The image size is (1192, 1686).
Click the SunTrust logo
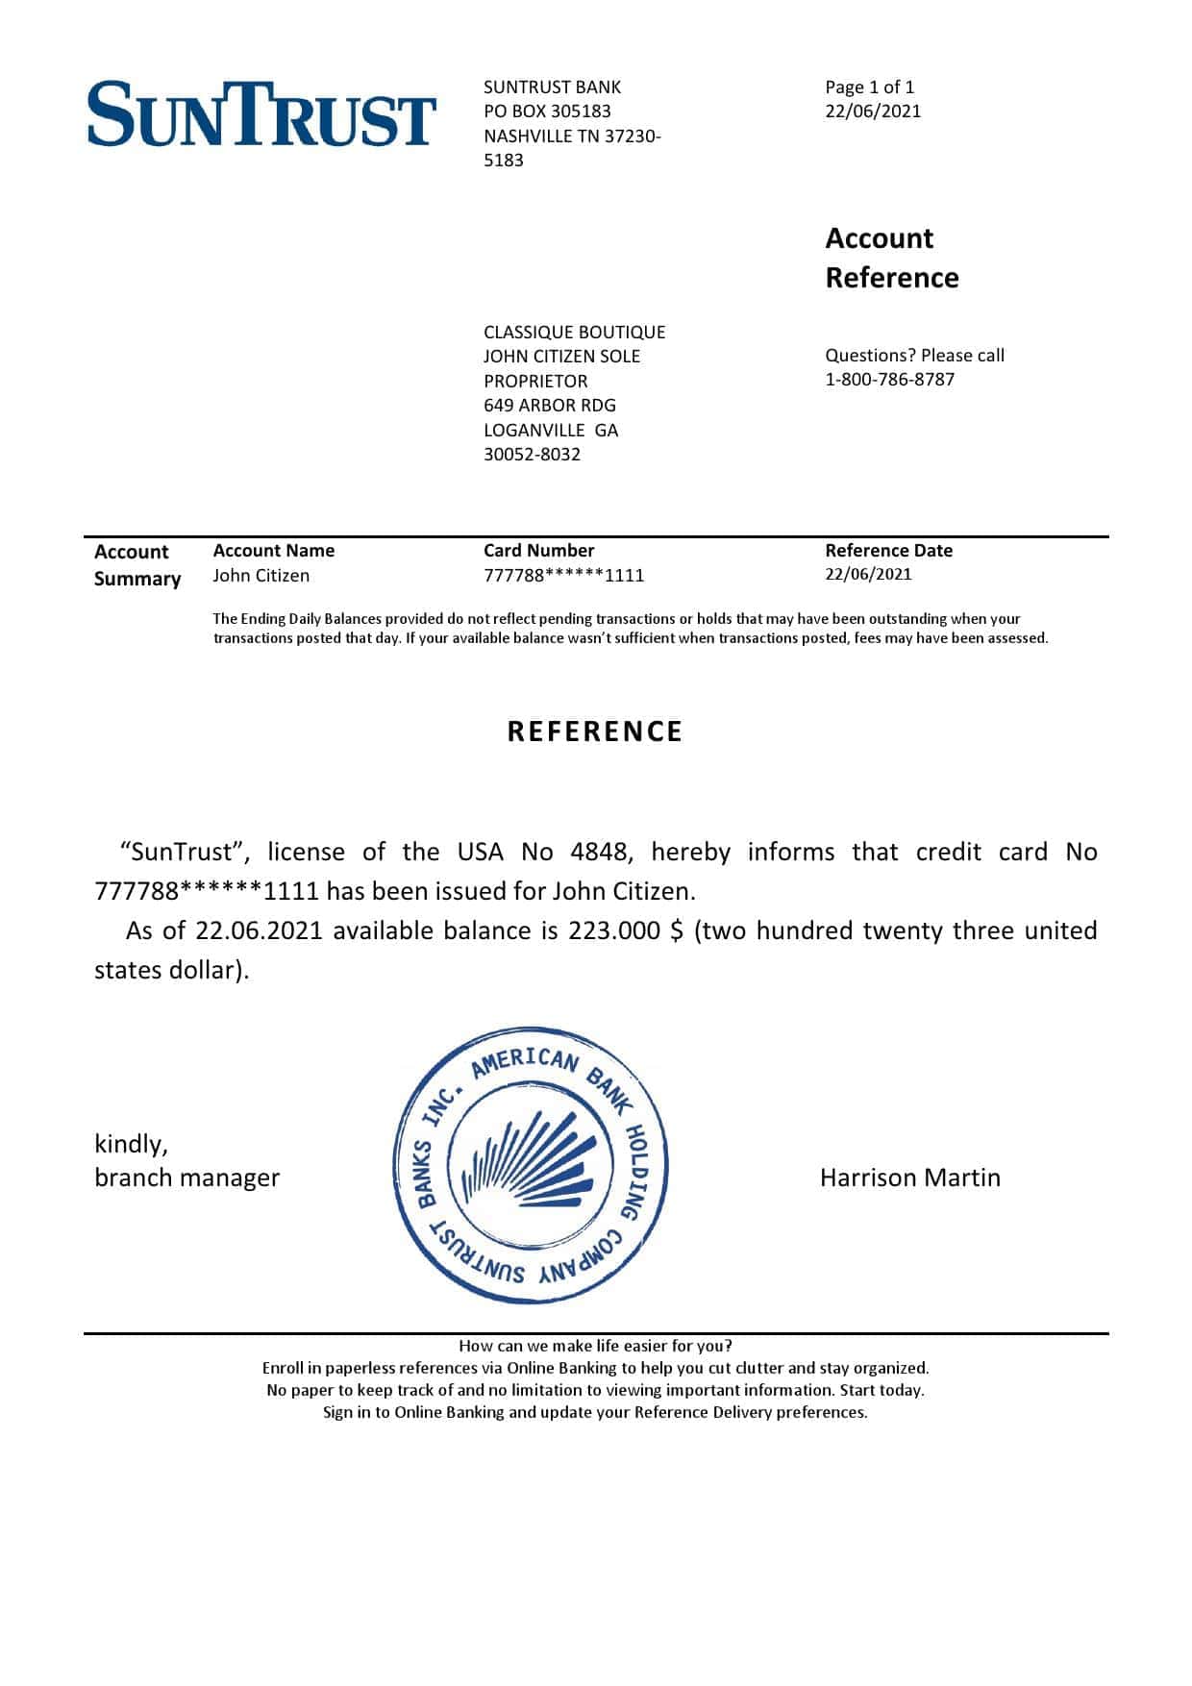[x=261, y=114]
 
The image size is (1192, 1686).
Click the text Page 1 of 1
[x=869, y=87]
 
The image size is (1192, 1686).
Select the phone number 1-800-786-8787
[x=889, y=380]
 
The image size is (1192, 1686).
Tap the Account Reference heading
[x=891, y=258]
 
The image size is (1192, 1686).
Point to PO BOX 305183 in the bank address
[x=547, y=112]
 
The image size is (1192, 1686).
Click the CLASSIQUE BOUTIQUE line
[x=574, y=332]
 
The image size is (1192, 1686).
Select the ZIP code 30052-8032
[x=532, y=455]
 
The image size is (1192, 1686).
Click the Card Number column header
[x=538, y=551]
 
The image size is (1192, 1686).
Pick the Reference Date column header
[x=888, y=551]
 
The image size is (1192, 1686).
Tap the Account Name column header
[x=273, y=551]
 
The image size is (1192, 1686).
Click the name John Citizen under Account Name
[x=261, y=576]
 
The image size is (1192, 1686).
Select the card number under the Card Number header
[x=563, y=576]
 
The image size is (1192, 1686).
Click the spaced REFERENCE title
[x=594, y=731]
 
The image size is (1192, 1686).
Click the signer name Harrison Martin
[x=909, y=1178]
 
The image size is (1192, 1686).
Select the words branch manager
[x=186, y=1178]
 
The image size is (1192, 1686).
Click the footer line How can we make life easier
[x=595, y=1346]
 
